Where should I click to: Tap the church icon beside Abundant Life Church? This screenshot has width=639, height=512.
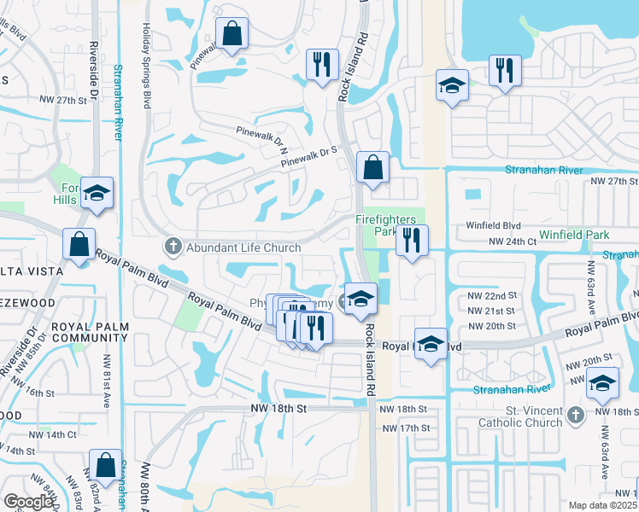pos(173,247)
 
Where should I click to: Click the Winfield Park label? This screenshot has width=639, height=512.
pos(573,234)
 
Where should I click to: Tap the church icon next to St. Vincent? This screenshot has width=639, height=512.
pos(576,415)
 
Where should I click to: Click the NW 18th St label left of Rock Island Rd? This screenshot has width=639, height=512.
pos(278,410)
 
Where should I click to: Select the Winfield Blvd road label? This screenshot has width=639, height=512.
pos(493,226)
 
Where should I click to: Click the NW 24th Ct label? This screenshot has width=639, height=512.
pos(513,242)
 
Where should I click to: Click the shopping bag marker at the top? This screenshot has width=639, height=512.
pos(232,35)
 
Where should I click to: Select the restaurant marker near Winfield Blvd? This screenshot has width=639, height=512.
pos(412,241)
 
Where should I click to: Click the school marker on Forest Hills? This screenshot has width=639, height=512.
pos(97,195)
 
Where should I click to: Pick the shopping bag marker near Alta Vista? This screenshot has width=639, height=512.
pos(79,245)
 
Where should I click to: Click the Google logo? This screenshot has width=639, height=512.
pos(28,502)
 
